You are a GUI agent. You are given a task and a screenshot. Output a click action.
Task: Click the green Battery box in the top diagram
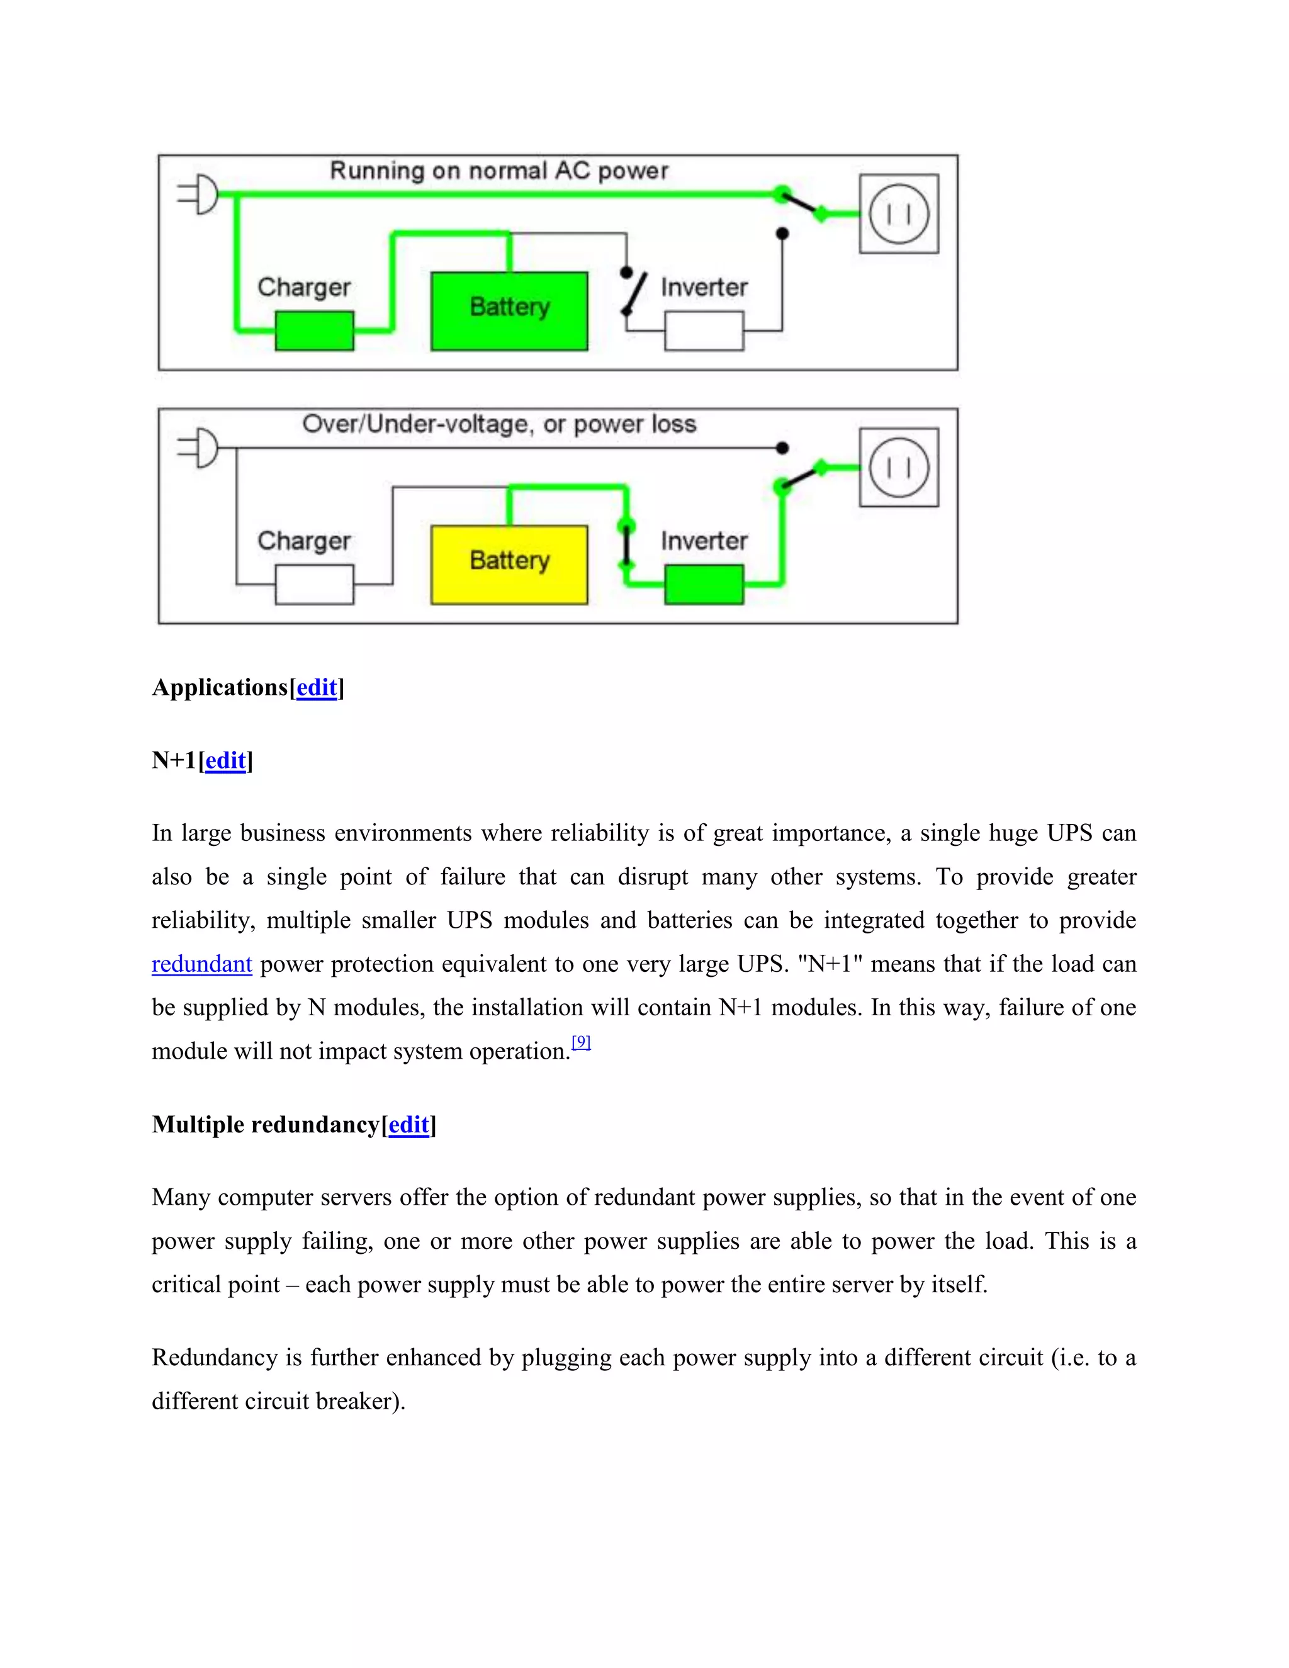pos(509,311)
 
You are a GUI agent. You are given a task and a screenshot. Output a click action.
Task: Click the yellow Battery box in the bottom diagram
pos(509,565)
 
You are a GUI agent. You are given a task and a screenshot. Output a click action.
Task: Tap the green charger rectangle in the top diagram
pos(314,330)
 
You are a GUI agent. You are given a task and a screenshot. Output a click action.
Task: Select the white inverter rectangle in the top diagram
pos(704,330)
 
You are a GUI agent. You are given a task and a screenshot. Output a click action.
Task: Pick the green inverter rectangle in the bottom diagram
pos(704,584)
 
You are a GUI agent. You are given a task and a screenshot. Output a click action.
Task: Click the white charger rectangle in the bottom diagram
pos(314,584)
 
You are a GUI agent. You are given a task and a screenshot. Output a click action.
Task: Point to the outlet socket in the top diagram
pos(899,214)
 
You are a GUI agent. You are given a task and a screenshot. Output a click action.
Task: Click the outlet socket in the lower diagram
pos(899,468)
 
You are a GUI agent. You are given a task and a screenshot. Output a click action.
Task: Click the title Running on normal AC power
pos(498,171)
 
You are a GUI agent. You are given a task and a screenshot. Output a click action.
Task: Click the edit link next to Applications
pos(316,687)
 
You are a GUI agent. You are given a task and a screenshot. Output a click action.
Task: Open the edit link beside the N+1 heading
pos(225,761)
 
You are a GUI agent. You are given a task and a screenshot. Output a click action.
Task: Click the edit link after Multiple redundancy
pos(408,1125)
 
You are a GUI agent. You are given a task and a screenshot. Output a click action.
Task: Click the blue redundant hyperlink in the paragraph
pos(201,964)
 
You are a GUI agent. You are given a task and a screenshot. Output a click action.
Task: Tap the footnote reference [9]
pos(581,1042)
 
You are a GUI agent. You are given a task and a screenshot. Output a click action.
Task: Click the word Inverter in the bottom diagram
pos(703,541)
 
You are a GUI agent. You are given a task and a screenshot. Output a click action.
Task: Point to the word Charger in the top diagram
pos(304,287)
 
